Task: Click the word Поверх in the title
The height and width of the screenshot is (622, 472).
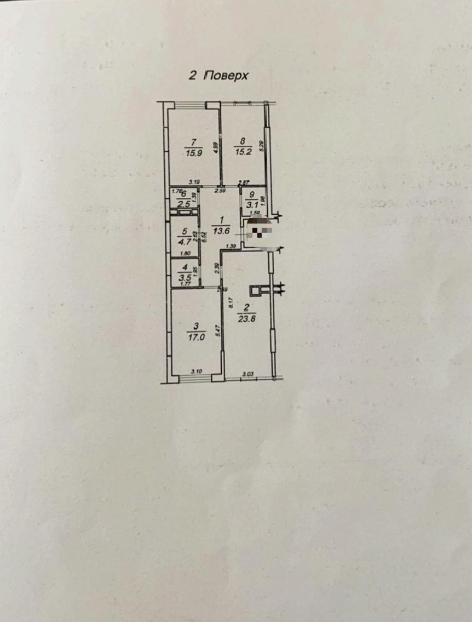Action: (x=226, y=76)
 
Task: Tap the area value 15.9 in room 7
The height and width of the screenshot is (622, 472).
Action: (x=193, y=153)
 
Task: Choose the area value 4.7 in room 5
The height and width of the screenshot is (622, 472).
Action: (x=185, y=239)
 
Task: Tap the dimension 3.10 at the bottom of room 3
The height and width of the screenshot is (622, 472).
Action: (x=196, y=372)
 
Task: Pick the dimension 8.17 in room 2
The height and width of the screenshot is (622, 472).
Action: (x=230, y=301)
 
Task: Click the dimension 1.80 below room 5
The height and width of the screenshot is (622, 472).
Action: (x=185, y=253)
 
